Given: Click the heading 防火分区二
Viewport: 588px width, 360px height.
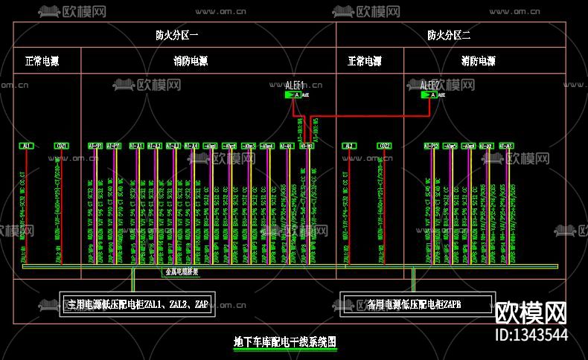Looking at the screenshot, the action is coord(448,35).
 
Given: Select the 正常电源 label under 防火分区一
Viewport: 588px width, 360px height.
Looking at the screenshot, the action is coord(42,61).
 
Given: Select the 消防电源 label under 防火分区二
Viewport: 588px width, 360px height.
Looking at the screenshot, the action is coord(478,61).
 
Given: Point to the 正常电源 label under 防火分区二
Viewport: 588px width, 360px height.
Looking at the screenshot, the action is coord(364,61).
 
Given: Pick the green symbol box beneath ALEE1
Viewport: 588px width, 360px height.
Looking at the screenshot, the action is coord(293,95).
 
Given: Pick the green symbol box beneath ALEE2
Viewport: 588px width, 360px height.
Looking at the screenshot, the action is coord(429,95).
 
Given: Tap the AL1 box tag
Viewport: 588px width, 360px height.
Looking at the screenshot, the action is coord(27,146).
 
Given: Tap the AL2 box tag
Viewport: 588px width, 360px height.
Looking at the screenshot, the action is coord(348,146).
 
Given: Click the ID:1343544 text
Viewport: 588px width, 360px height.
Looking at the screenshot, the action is coord(531,335).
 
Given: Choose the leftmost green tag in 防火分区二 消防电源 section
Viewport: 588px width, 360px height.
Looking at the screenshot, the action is coord(431,146).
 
